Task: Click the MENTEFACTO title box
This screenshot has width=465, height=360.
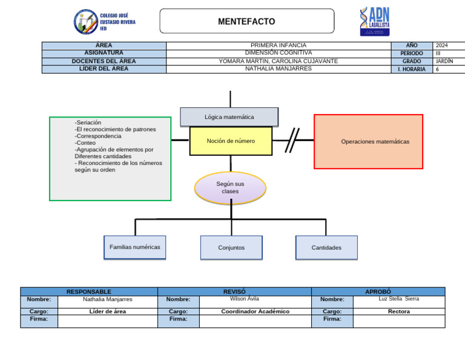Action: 246,21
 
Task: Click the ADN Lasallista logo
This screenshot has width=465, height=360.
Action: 375,22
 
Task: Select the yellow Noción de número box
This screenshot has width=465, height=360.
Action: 231,141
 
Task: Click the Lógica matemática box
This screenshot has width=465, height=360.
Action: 229,117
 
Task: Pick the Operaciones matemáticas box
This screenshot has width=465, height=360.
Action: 368,142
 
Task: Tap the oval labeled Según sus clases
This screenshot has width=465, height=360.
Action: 230,187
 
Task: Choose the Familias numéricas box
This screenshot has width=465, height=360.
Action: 134,247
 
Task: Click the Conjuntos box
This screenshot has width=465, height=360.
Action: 231,248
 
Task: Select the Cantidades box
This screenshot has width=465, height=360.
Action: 326,248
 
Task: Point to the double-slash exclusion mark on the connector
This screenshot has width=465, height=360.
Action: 292,140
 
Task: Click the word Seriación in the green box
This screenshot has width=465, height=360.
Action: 88,122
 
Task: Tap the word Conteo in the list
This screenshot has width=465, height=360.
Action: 85,143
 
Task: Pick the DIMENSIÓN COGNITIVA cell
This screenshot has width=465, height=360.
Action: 279,53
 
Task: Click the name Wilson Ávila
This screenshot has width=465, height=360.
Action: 245,299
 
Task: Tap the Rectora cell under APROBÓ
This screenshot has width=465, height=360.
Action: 398,312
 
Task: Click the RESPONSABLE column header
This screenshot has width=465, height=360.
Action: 88,292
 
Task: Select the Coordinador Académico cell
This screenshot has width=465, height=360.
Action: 255,312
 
